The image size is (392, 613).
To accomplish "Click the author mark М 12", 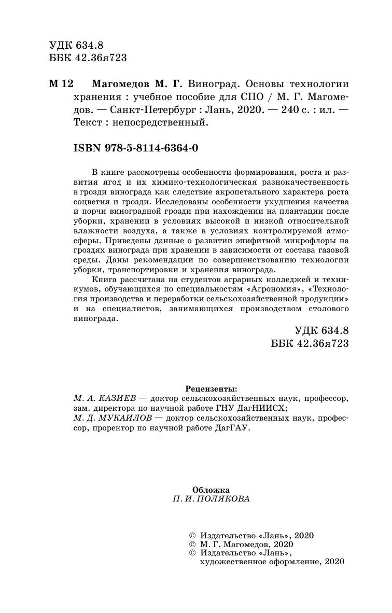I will [61, 84].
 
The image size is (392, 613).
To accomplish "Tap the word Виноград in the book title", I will [213, 84].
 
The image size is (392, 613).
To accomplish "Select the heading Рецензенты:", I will [212, 388].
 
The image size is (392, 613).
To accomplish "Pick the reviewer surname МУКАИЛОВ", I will [123, 418].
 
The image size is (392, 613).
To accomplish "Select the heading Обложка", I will [211, 489].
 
